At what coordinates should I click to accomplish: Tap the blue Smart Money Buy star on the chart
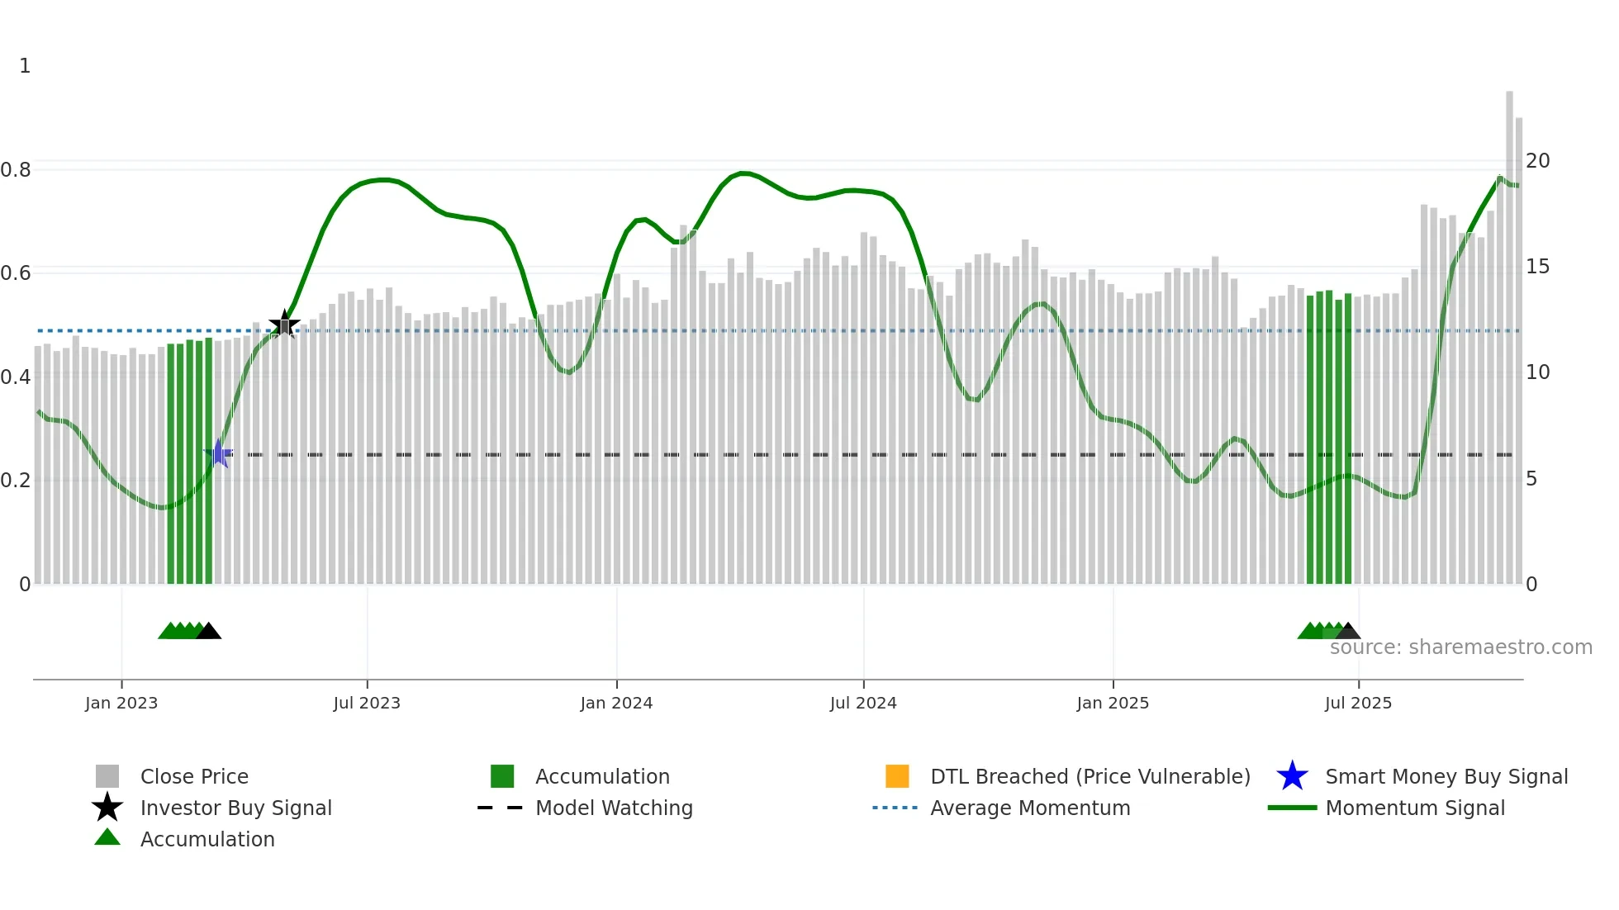219,453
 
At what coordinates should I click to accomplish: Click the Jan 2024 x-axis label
616,703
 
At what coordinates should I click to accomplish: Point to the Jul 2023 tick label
367,703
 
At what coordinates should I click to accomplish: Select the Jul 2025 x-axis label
1358,703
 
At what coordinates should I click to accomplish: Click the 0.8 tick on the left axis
16,170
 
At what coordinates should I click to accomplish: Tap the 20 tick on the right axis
1537,161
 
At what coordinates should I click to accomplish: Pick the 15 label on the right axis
1537,267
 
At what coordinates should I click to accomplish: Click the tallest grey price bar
1509,330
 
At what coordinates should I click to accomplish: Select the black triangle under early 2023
208,632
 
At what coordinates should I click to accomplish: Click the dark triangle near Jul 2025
1347,632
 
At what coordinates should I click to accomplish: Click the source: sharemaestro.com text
1460,647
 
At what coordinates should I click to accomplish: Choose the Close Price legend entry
194,776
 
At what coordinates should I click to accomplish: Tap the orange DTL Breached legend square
897,776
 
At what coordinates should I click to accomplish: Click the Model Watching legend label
614,808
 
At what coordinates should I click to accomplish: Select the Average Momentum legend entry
1029,808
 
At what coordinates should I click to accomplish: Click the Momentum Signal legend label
1414,808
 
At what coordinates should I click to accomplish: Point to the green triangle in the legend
107,838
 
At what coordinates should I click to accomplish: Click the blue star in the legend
1292,776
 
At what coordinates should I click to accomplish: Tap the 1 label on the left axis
25,66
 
